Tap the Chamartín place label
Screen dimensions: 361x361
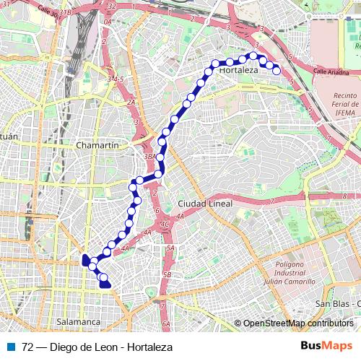pyautogui.click(x=97, y=145)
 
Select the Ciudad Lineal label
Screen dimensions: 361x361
pyautogui.click(x=205, y=204)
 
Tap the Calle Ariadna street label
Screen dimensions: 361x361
pyautogui.click(x=331, y=71)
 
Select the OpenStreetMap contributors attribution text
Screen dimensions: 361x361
pyautogui.click(x=297, y=323)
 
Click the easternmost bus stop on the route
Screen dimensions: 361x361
pyautogui.click(x=276, y=70)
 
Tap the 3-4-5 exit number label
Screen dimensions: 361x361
pyautogui.click(x=116, y=78)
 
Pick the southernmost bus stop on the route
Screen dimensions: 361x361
pyautogui.click(x=105, y=284)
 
